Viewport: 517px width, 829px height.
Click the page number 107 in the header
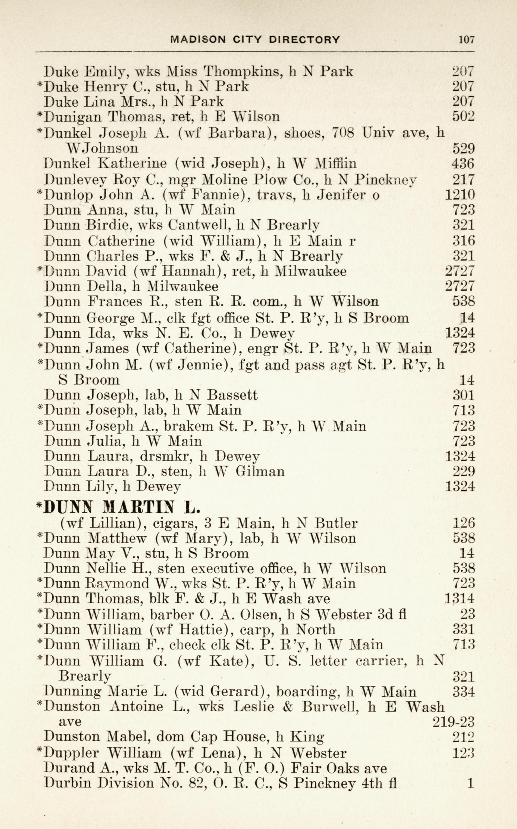466,40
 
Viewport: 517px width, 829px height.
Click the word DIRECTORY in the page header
304,40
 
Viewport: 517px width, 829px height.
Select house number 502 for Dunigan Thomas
463,117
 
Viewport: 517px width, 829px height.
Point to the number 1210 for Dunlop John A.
460,195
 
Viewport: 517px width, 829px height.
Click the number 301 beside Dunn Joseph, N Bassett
463,395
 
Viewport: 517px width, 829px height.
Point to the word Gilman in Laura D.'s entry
260,472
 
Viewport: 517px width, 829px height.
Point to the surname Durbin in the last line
66,783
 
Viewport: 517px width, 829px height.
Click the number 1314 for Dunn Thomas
460,599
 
